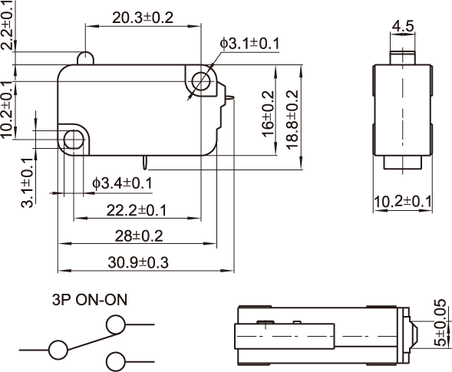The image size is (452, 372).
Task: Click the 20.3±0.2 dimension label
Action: pos(143,18)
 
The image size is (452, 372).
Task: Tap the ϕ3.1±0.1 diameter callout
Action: pos(249,44)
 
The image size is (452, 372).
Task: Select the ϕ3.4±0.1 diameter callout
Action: pos(122,183)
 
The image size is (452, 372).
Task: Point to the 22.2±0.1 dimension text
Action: pos(137,210)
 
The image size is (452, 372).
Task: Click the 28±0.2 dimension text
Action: pos(139,235)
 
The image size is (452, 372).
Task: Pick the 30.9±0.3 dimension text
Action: pos(138,262)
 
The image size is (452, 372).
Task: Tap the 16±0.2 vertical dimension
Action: pos(268,114)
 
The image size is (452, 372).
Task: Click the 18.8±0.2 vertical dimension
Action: pos(292,120)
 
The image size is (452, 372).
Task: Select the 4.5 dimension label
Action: pos(403,26)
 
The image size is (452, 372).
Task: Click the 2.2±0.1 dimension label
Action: pos(8,25)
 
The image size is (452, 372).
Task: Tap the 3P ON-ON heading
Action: pos(89,300)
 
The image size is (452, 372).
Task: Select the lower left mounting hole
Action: pos(74,140)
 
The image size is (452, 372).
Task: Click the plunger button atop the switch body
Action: pos(85,58)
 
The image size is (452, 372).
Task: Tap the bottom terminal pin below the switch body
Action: pos(146,163)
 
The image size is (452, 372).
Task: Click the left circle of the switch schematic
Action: pos(58,350)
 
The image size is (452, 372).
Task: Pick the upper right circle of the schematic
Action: pos(116,324)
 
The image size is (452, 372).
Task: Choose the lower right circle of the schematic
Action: pos(116,361)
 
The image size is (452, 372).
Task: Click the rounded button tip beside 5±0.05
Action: pos(414,336)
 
